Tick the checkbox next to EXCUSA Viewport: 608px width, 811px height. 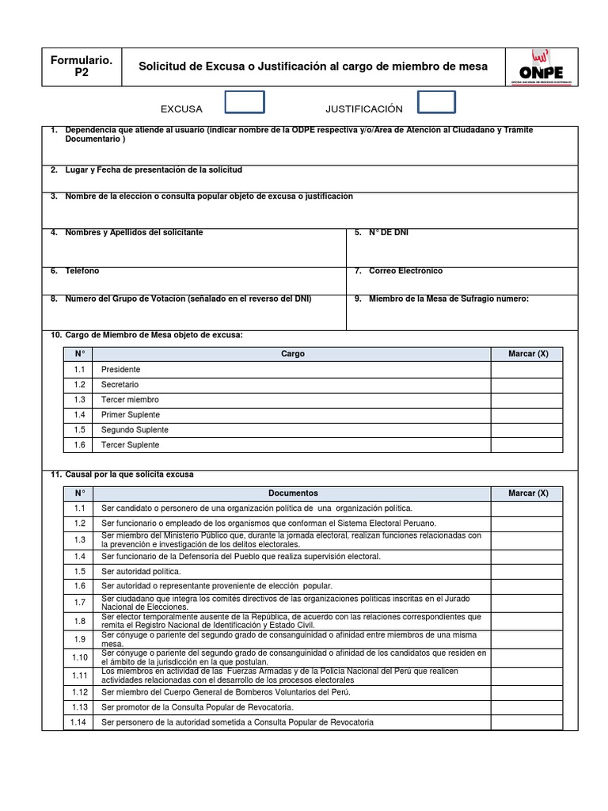pos(245,103)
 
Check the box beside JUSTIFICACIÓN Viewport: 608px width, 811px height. pos(436,103)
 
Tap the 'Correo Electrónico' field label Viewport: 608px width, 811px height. pos(405,271)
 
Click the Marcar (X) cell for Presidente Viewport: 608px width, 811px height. pos(527,370)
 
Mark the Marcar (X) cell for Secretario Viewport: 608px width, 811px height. pos(527,385)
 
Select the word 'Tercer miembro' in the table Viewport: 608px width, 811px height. pos(130,400)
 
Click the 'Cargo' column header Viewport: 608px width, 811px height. pos(292,354)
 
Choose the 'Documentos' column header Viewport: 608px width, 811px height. pos(292,493)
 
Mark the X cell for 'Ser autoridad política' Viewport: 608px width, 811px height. pos(527,571)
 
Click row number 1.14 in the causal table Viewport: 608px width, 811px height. pos(79,722)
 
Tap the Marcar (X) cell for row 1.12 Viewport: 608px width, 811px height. pos(527,692)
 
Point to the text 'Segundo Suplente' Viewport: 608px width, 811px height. pos(135,430)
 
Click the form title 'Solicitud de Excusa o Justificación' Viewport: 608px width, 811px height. pos(313,67)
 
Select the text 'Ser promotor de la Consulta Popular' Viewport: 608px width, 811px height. pos(197,707)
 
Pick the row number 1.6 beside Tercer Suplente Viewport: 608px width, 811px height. pos(79,445)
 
